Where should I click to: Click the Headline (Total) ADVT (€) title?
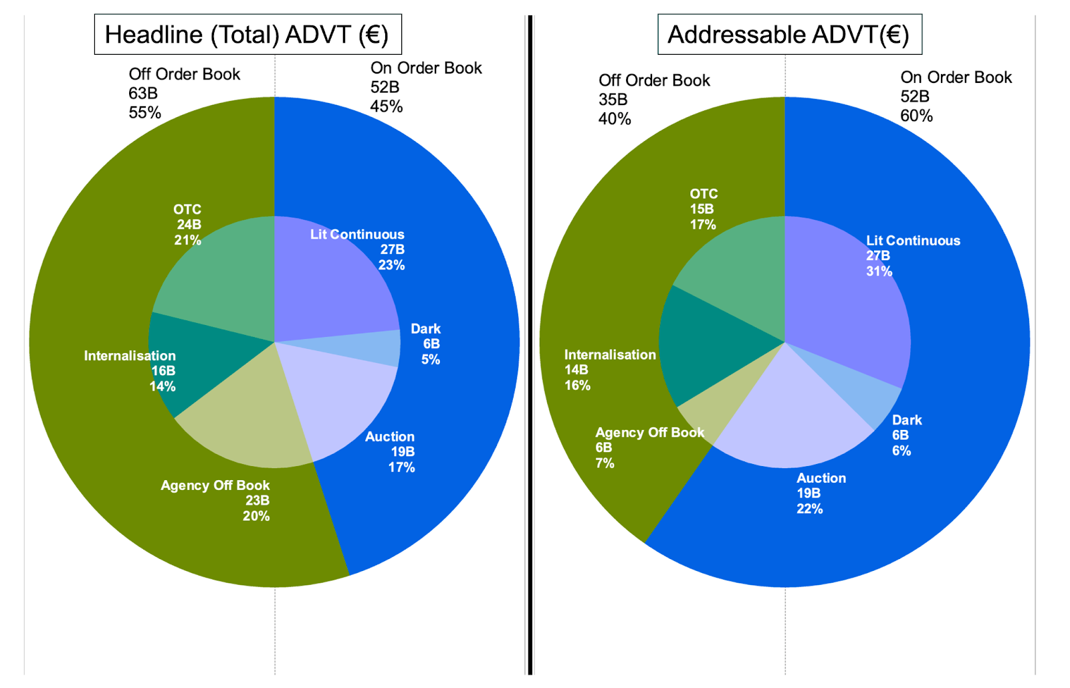click(247, 34)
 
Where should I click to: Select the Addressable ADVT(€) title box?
click(789, 34)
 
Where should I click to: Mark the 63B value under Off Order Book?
click(143, 94)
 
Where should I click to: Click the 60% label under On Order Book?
click(916, 116)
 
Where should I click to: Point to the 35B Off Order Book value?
click(613, 100)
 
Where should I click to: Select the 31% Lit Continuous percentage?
click(879, 271)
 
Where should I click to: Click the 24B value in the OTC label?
click(189, 225)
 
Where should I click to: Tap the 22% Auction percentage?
click(809, 509)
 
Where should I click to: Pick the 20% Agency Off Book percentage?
click(256, 516)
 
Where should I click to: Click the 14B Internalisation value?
click(576, 370)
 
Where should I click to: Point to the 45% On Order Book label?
click(387, 106)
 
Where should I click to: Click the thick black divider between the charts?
click(530, 344)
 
